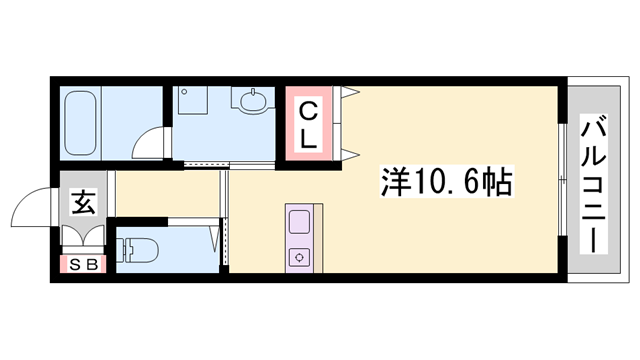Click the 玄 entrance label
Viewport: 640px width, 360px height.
coord(82,204)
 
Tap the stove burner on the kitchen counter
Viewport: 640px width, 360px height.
coord(300,257)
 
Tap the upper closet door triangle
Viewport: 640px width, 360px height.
coord(350,94)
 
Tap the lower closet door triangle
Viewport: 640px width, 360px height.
coord(350,153)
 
